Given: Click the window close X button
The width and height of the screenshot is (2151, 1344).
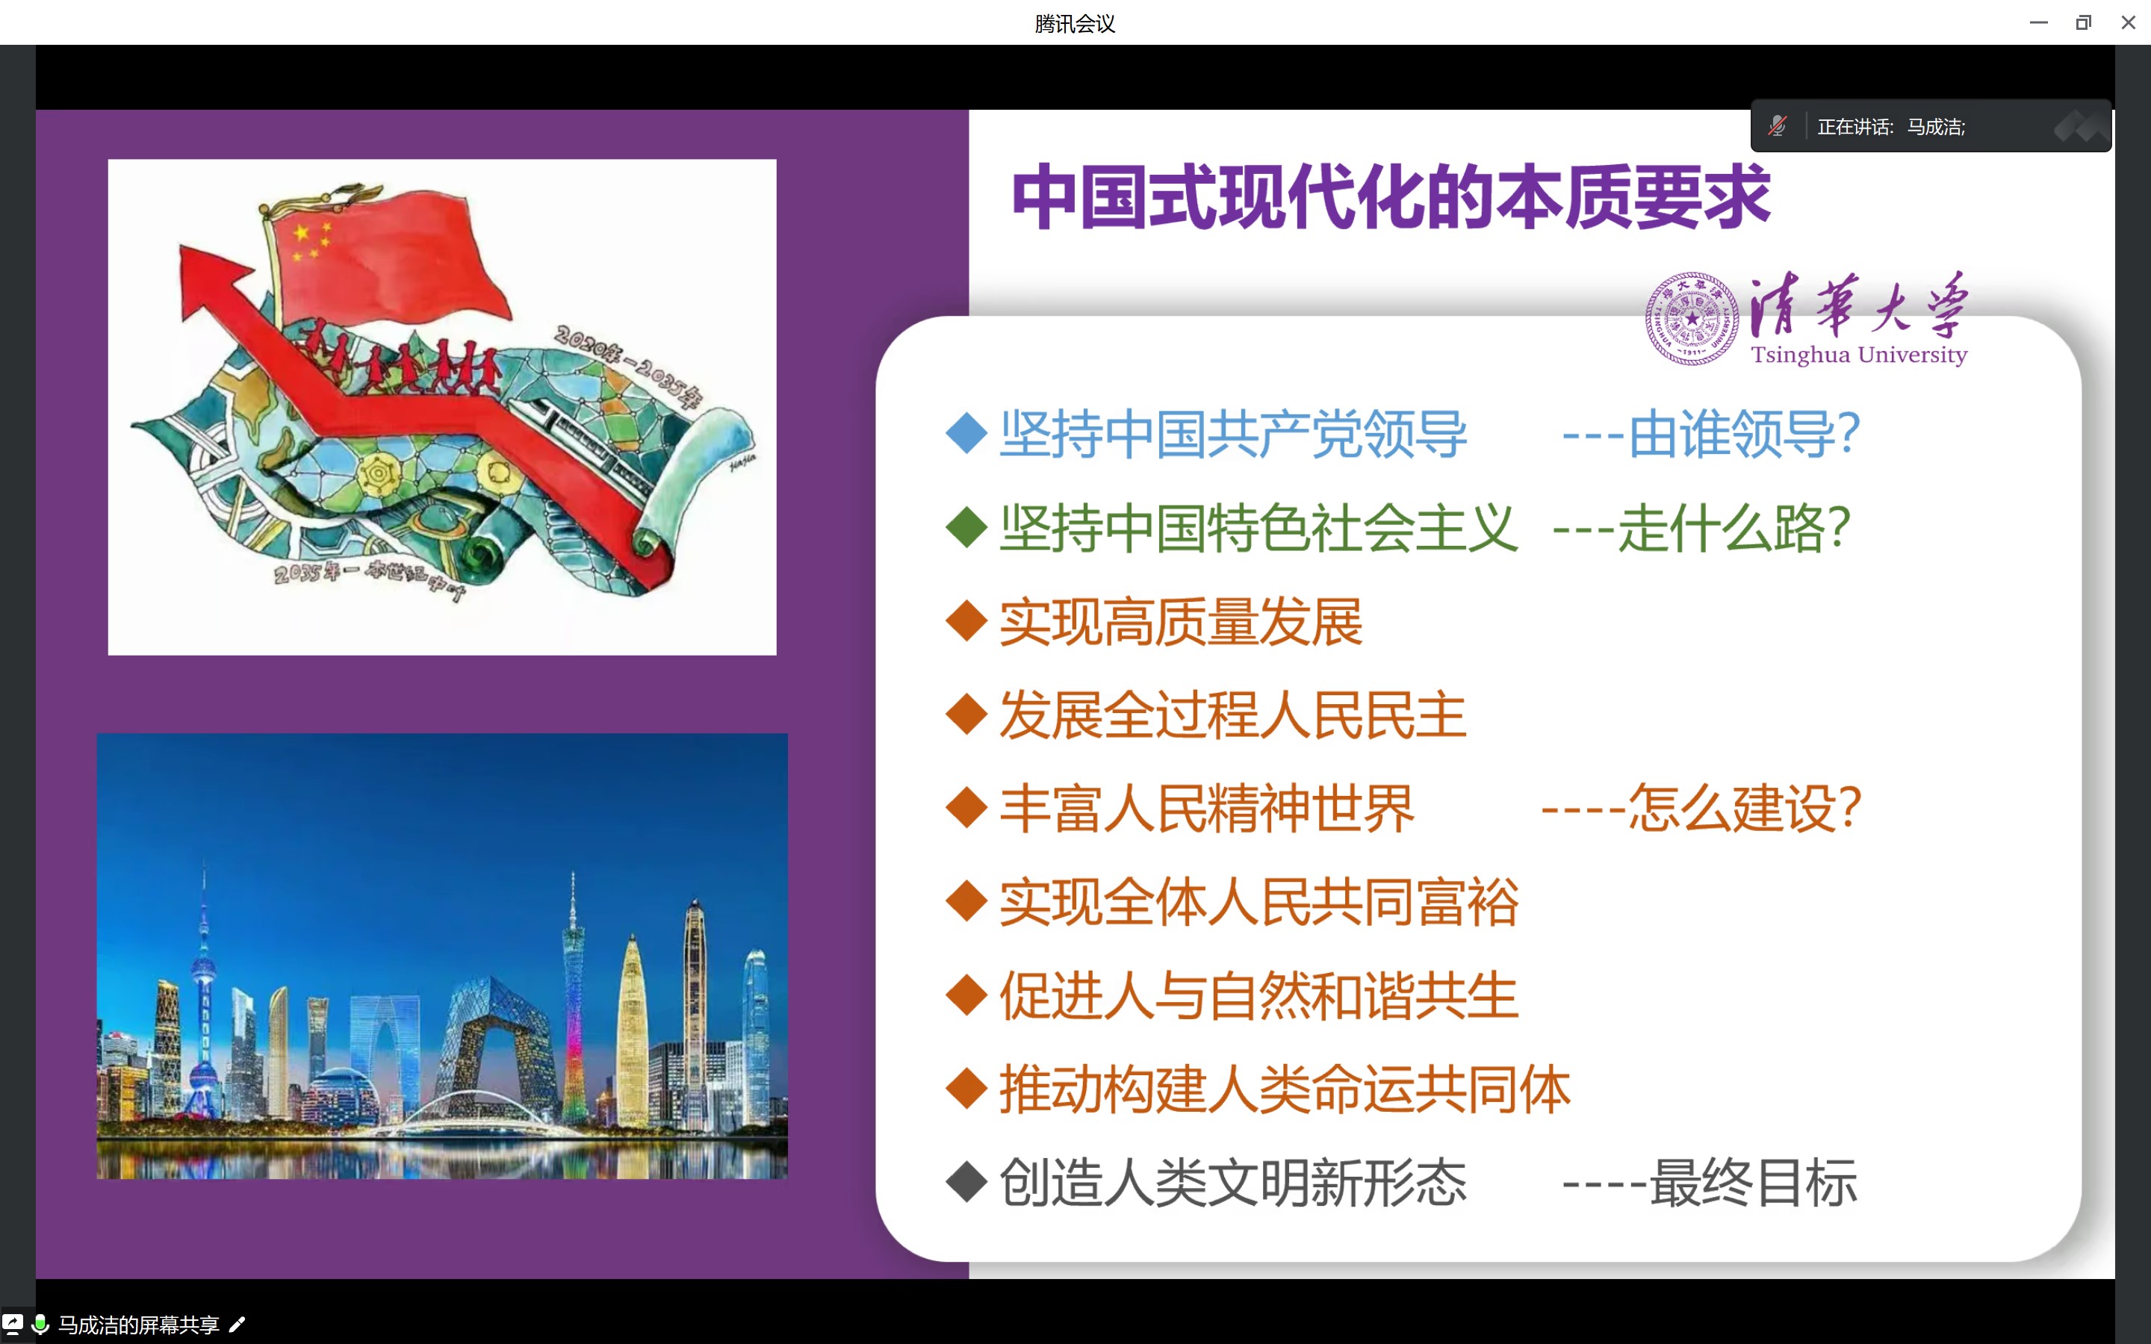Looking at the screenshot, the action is [2128, 22].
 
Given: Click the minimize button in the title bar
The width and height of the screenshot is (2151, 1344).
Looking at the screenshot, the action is [2039, 22].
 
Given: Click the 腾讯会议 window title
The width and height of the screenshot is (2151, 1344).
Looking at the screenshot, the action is [1075, 23].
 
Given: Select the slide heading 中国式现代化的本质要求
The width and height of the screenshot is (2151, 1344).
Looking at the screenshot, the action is [1391, 196].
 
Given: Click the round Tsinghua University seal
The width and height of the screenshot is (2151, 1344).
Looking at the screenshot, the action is [1692, 318].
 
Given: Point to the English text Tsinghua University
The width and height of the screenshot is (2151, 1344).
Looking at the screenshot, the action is [1858, 354].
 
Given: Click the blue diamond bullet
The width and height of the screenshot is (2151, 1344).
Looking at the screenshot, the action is [967, 433].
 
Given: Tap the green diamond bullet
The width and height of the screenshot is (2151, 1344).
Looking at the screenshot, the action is [967, 527].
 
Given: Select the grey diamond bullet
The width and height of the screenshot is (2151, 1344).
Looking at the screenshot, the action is [967, 1182].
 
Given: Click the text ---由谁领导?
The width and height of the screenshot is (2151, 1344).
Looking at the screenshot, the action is [1711, 434].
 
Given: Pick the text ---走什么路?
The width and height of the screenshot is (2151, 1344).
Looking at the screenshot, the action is [1701, 528].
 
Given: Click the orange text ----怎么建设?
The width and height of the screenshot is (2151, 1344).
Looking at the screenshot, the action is [1701, 809].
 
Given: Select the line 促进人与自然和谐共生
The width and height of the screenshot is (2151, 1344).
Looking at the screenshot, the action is [1258, 995].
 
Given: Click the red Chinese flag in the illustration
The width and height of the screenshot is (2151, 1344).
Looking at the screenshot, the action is [391, 258].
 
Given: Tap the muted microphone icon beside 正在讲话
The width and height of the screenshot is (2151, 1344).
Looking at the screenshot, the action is [1777, 126].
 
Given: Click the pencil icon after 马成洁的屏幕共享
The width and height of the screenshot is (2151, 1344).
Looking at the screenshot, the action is [238, 1325].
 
